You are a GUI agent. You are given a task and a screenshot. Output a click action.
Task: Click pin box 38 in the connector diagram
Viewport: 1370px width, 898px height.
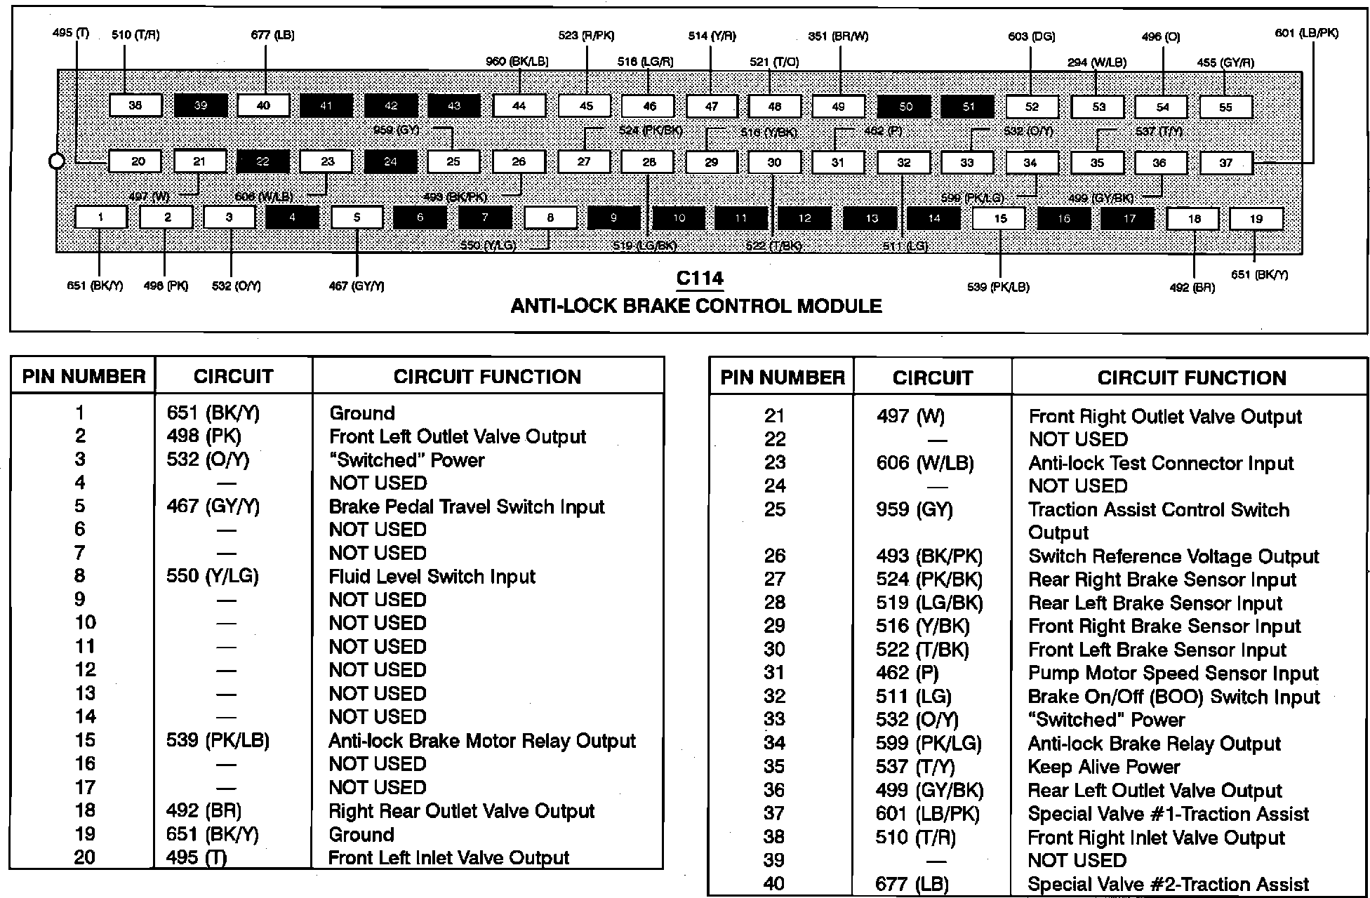click(135, 105)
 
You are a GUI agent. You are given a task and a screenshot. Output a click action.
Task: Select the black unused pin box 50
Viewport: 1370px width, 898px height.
click(905, 107)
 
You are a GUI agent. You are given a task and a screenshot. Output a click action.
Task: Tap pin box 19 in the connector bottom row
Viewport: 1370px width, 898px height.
click(1256, 219)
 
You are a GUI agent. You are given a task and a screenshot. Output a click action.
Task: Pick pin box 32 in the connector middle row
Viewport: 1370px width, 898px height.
click(903, 163)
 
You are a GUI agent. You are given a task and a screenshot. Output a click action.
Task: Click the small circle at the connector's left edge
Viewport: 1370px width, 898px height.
click(56, 161)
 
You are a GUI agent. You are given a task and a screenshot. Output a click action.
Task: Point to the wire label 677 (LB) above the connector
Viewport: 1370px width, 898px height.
click(272, 35)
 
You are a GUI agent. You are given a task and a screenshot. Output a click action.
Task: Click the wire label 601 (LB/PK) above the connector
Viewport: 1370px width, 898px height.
click(1306, 33)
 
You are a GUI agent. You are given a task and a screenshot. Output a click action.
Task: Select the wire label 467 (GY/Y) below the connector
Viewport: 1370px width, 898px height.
click(357, 286)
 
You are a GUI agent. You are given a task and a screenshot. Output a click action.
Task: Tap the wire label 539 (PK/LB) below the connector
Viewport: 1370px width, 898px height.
click(997, 287)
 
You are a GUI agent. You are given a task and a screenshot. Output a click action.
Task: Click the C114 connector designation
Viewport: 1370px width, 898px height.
click(700, 279)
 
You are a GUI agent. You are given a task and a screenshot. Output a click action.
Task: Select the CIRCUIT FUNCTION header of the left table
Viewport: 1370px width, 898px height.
click(487, 377)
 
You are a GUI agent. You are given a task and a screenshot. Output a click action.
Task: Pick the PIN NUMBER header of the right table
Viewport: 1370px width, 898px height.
click(783, 378)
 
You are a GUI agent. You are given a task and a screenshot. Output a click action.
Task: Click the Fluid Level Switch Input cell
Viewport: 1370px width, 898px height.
click(432, 577)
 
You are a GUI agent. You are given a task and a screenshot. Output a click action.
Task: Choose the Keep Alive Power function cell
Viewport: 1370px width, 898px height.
click(1103, 767)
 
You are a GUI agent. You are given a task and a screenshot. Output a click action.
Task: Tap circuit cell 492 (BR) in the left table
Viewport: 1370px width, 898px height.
click(204, 811)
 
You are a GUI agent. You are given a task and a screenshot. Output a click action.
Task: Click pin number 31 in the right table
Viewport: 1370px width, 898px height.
click(774, 673)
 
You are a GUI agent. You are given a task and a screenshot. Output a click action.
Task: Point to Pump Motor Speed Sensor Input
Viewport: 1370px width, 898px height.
click(1173, 673)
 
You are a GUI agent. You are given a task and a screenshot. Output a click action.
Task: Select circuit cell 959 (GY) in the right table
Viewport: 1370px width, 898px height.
click(914, 509)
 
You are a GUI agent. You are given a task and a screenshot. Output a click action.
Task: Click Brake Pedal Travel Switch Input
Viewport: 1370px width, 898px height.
click(466, 507)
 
